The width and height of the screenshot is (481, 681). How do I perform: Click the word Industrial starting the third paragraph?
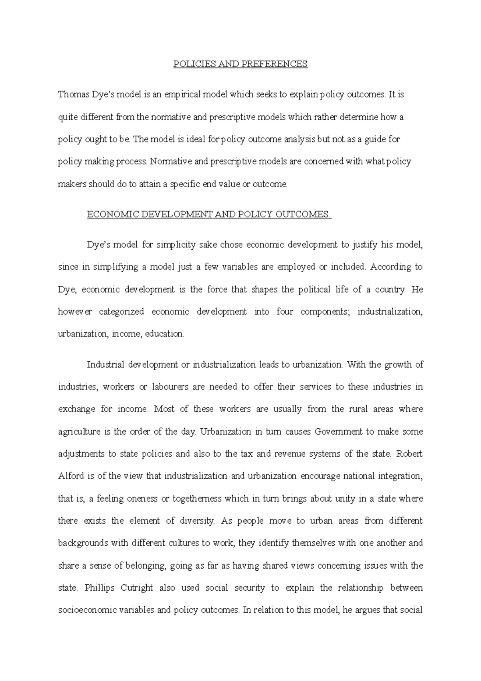tap(105, 365)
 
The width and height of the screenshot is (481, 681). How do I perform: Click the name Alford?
tap(71, 476)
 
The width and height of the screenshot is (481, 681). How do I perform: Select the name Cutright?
tap(136, 588)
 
